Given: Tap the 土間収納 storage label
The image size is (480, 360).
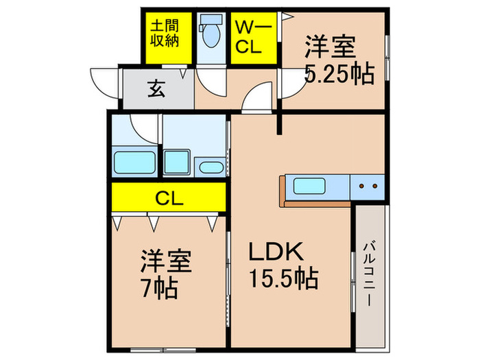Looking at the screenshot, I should coord(165,32).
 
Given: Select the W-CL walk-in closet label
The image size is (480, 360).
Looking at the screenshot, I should coord(253,37).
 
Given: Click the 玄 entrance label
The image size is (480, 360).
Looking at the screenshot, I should coord(156,88).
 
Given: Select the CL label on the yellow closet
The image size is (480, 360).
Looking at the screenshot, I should coord(168,199).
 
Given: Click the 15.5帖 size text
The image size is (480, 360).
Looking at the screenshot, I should coord(281,279).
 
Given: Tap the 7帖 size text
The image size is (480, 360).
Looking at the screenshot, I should coord(159,287).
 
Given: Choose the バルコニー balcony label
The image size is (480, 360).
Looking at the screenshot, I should coord(369,272).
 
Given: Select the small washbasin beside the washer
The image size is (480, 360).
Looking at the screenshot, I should coord(210,167).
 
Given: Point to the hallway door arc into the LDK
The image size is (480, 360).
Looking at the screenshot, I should coord(256,103).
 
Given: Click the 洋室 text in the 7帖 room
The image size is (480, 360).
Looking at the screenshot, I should coord(166,261).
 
